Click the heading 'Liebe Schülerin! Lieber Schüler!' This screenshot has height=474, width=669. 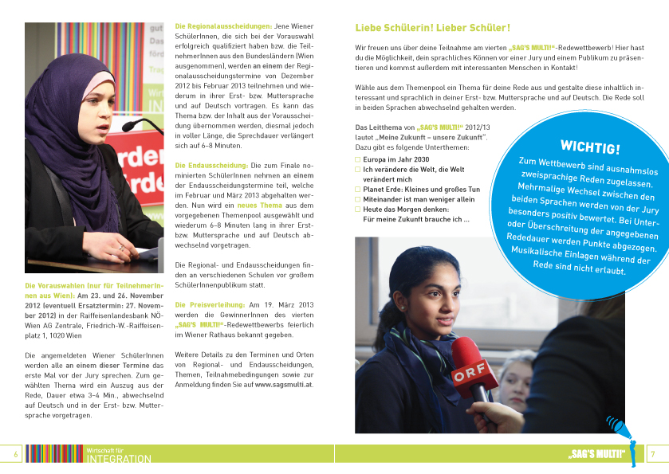click(x=432, y=28)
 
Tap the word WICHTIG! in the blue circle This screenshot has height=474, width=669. click(x=590, y=147)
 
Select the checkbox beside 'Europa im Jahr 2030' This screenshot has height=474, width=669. click(x=358, y=159)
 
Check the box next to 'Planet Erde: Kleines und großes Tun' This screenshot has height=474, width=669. click(x=358, y=190)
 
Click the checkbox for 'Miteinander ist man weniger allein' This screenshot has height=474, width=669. click(x=358, y=199)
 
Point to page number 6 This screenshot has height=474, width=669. click(x=15, y=454)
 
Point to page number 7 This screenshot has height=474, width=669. click(x=652, y=454)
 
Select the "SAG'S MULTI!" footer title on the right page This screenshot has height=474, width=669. click(x=596, y=454)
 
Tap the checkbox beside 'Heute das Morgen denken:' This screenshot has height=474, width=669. click(x=358, y=210)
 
